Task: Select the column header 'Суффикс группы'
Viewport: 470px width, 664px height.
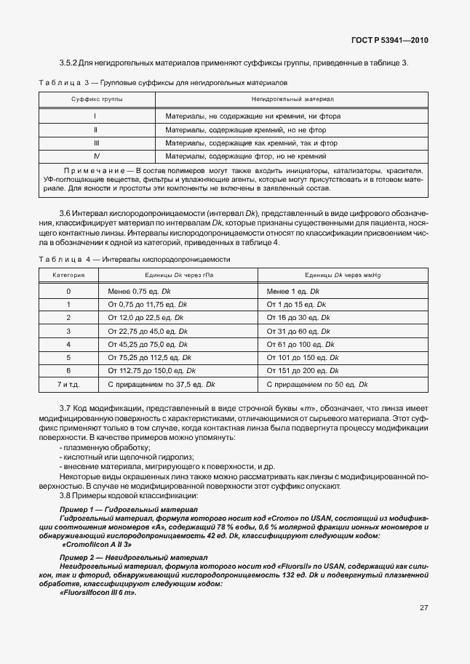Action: pos(97,97)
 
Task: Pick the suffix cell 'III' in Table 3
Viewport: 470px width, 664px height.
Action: pos(97,143)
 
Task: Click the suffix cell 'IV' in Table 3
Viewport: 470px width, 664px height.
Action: pos(97,156)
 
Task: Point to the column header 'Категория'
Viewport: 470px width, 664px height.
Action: pos(68,276)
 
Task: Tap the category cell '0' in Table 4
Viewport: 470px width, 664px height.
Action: pos(68,291)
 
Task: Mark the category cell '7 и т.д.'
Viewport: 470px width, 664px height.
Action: pos(68,383)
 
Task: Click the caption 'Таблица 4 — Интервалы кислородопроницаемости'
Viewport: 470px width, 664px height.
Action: pos(135,259)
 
